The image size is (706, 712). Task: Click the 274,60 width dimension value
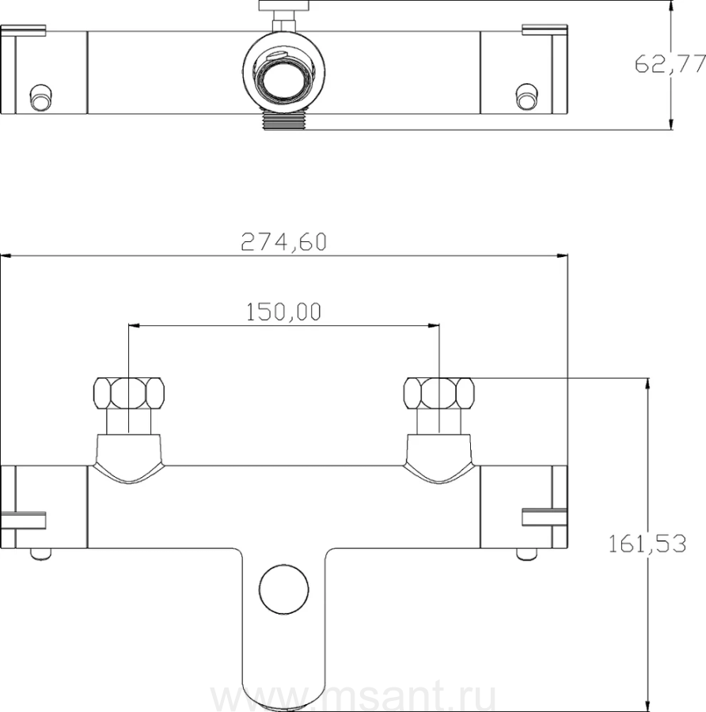(283, 241)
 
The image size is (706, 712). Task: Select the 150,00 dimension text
(283, 312)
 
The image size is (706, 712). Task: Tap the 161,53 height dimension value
(647, 543)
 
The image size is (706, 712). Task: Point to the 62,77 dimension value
(670, 63)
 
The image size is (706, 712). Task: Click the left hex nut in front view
(128, 392)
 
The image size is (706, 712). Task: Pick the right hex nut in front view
(438, 392)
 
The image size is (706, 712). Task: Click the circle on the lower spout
(284, 589)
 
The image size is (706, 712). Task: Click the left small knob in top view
(40, 97)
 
